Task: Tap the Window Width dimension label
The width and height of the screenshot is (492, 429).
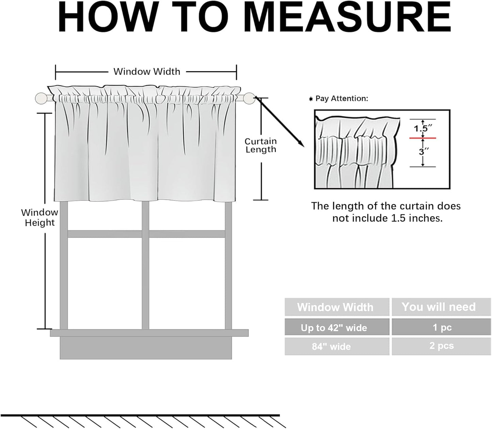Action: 147,71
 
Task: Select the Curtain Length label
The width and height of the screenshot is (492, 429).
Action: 261,145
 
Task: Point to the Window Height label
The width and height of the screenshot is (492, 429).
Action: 40,217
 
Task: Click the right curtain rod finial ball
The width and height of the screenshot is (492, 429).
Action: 249,98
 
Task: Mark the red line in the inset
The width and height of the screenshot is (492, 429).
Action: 423,138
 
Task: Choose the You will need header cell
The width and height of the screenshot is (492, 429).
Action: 441,307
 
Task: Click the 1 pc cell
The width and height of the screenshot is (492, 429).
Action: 441,327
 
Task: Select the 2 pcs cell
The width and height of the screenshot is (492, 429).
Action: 441,346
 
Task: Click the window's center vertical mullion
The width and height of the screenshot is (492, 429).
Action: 145,265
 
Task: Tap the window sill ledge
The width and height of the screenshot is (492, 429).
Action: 149,333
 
